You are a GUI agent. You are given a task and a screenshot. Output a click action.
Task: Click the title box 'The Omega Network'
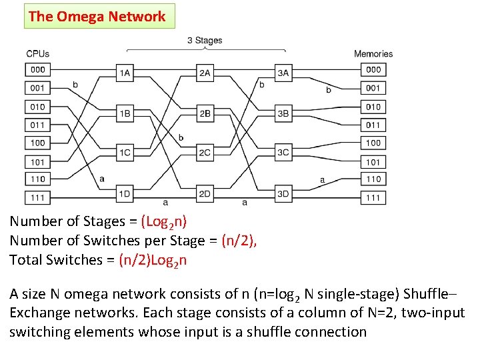click(x=99, y=17)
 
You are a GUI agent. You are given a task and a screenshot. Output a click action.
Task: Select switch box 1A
click(x=125, y=73)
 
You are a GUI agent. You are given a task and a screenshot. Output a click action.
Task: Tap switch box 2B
click(x=205, y=113)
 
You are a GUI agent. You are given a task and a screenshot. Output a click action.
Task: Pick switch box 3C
click(x=283, y=153)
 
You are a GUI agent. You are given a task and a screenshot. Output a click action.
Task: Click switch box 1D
click(x=125, y=193)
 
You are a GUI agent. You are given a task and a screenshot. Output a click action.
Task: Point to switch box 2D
click(x=205, y=193)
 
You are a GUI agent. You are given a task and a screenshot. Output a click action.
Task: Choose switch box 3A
click(x=283, y=73)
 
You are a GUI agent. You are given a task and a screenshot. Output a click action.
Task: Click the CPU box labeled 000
click(x=38, y=69)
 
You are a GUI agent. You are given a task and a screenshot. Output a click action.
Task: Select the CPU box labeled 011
click(x=38, y=125)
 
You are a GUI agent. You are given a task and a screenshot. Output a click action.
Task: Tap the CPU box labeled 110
click(x=38, y=179)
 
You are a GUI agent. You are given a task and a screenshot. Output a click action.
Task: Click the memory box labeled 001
click(x=373, y=88)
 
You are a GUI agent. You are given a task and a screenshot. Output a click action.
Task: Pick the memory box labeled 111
click(x=373, y=197)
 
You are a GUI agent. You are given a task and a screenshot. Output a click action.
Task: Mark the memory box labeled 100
click(x=373, y=143)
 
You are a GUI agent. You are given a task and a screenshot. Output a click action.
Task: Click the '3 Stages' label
click(x=205, y=41)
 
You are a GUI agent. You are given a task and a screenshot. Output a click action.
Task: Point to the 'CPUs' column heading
click(x=37, y=54)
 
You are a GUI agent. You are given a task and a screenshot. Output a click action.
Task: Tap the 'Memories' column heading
click(x=373, y=54)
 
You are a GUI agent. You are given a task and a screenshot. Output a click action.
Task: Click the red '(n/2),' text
click(x=239, y=241)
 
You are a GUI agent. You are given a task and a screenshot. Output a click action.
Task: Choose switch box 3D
click(x=283, y=193)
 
